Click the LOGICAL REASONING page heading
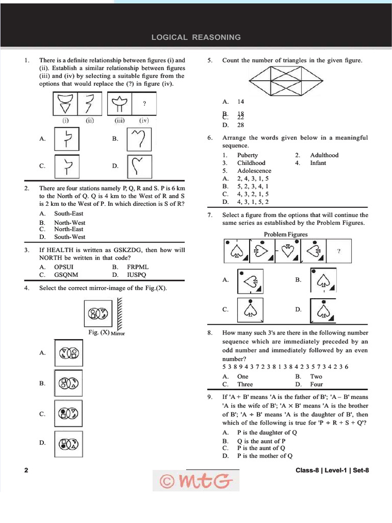pos(196,37)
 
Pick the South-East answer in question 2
pos(69,213)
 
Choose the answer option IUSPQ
pos(136,274)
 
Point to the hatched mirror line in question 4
pos(120,314)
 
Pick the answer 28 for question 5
pos(240,125)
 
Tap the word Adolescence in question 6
pos(254,171)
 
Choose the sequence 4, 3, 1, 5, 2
pos(253,202)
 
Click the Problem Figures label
pos(285,234)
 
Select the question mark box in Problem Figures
pos(339,251)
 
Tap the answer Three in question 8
pos(245,384)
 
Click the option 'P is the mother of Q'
pos(265,456)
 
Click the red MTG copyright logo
pos(196,480)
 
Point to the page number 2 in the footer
pos(26,470)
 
